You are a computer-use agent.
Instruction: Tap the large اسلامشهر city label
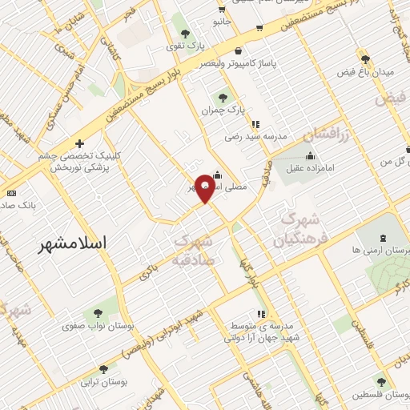78,246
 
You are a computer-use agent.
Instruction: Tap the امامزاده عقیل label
310,170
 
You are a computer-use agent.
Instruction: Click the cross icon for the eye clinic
78,143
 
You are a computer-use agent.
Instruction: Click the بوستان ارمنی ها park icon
381,238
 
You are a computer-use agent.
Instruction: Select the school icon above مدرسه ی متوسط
260,315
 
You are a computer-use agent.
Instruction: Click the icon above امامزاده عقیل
311,155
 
